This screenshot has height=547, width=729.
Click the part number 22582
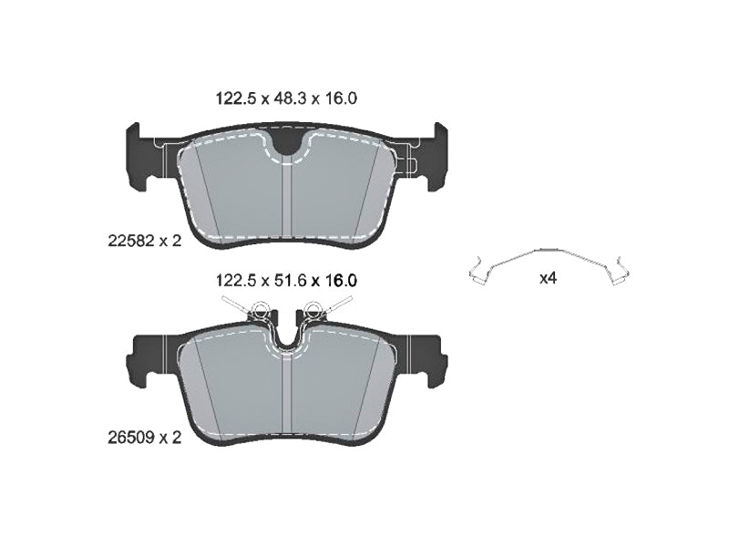point(131,242)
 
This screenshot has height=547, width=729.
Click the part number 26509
point(131,439)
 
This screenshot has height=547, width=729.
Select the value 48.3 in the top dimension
point(288,98)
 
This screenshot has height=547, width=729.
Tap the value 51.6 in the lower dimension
point(288,281)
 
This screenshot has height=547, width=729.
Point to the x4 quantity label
point(549,279)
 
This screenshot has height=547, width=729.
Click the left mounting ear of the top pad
point(139,156)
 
